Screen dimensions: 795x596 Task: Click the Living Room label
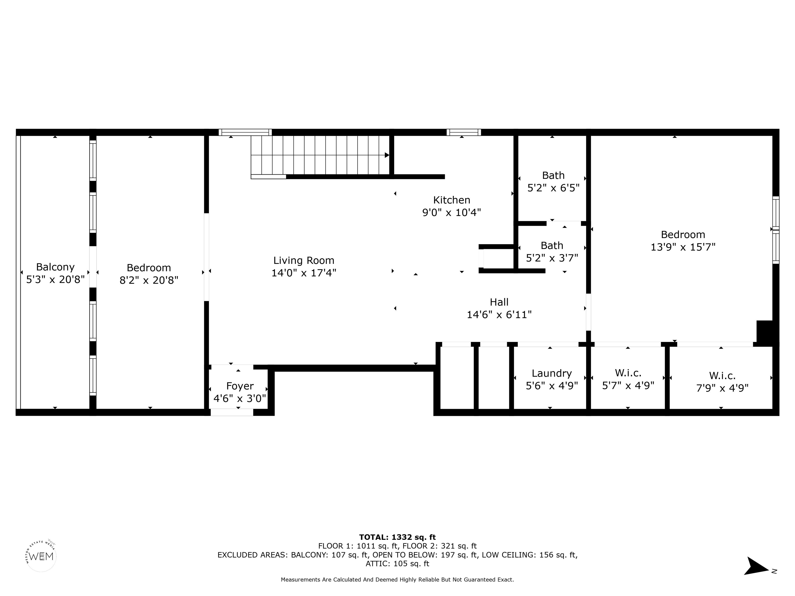(304, 260)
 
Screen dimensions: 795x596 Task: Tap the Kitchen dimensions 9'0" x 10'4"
(451, 213)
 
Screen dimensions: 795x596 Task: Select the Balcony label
(55, 267)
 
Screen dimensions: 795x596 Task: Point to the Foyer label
(240, 386)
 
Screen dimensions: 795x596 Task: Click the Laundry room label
(552, 374)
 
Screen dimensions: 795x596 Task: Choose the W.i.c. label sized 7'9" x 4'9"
(722, 376)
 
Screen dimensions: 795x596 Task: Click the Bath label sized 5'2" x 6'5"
(553, 175)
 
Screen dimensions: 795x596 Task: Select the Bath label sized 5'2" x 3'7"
(552, 245)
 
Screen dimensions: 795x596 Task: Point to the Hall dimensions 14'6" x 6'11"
(499, 315)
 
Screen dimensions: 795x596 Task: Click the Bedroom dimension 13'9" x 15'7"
(683, 247)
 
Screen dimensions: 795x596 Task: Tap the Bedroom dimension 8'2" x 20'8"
(149, 280)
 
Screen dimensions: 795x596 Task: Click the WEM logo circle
(41, 556)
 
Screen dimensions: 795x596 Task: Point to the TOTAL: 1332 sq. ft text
(397, 537)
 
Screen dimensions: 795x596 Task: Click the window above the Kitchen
(464, 132)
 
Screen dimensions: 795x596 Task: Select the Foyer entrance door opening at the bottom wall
(232, 412)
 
